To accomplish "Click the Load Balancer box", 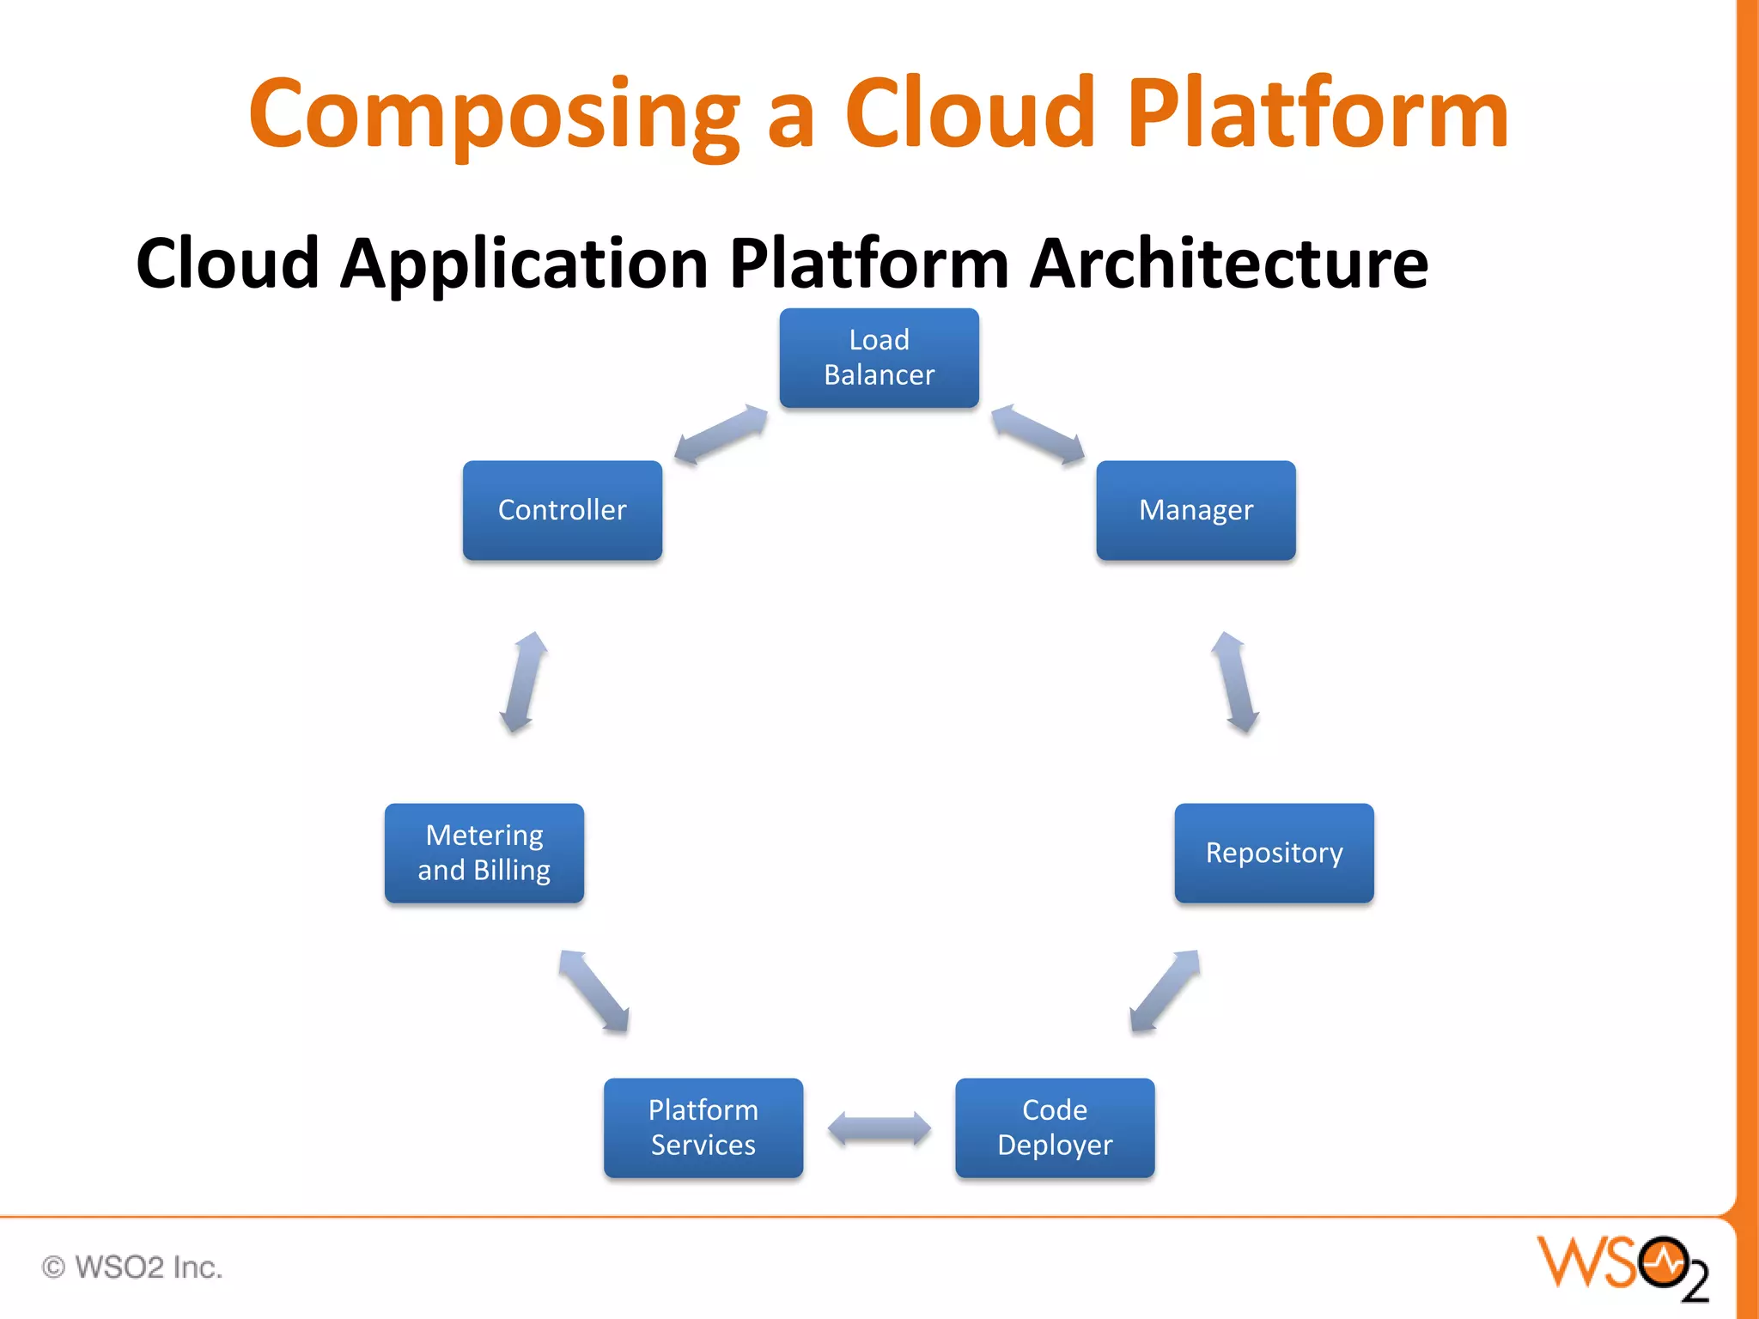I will point(879,357).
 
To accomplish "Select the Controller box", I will point(562,510).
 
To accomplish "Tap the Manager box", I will point(1196,510).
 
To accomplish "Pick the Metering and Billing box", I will point(484,853).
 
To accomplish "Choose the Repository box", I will point(1274,853).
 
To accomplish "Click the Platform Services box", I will point(703,1128).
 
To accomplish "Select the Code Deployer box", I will point(1055,1128).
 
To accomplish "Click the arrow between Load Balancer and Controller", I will point(720,435).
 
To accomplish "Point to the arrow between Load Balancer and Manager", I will point(1038,435).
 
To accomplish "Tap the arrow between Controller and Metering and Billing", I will point(524,683).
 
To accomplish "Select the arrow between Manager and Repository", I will point(1235,683).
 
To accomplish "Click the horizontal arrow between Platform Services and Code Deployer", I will point(879,1128).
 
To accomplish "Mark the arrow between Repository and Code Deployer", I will point(1164,991).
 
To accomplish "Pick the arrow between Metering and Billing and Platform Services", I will point(594,991).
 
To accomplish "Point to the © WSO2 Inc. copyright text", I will point(133,1267).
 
